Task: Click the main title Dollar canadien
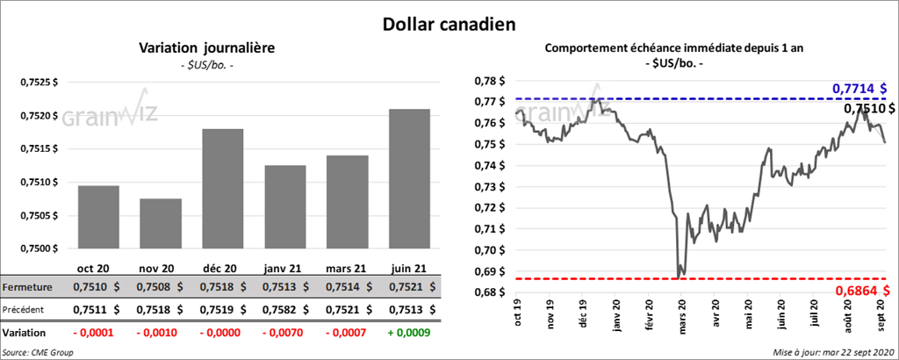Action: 449,25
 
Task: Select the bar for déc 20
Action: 222,189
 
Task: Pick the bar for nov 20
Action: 160,224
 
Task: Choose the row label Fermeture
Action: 26,287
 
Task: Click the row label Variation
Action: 25,334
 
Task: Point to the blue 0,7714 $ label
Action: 859,88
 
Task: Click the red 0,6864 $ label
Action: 859,290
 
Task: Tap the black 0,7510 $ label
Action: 865,109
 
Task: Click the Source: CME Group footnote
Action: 38,351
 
